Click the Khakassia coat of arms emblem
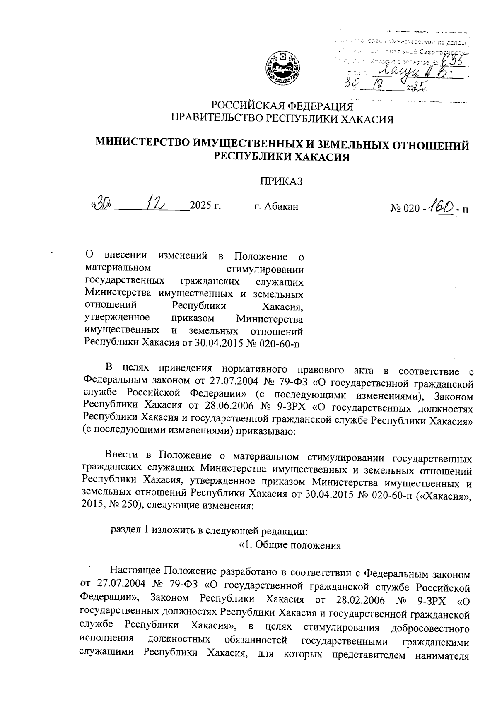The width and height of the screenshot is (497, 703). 282,67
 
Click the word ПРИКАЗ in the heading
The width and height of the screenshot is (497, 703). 281,181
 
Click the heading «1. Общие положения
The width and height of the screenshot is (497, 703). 290,545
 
